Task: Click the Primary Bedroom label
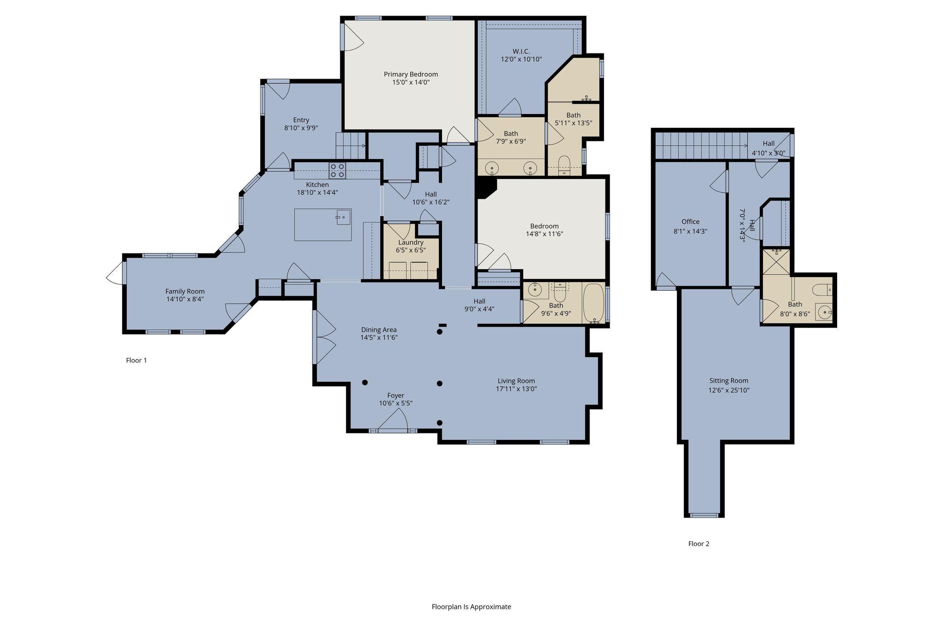click(x=411, y=74)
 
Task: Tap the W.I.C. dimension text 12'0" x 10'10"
click(x=521, y=59)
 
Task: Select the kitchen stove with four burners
click(x=338, y=171)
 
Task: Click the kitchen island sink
click(x=343, y=217)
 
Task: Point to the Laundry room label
click(x=411, y=242)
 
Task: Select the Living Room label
click(x=516, y=381)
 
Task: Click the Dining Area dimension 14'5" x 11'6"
click(x=379, y=338)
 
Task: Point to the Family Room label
click(x=185, y=291)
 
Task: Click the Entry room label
click(x=301, y=120)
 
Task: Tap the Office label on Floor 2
click(x=691, y=222)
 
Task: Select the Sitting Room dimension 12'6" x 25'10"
click(x=729, y=391)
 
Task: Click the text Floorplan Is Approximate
click(x=471, y=607)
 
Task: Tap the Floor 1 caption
click(x=136, y=360)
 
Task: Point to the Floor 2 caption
click(x=699, y=544)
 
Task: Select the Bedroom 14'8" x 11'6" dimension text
click(x=545, y=234)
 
